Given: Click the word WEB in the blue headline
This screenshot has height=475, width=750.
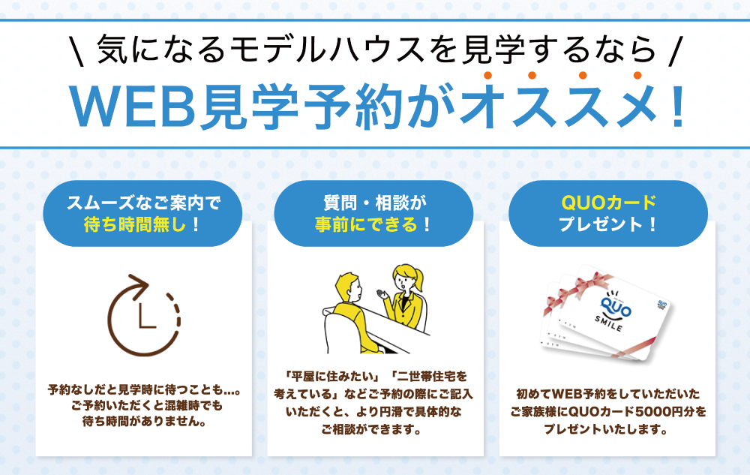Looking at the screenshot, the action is (x=133, y=107).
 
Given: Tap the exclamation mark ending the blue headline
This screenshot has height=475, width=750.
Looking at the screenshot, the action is (x=677, y=107).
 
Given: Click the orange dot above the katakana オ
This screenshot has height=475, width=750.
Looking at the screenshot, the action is (x=488, y=75).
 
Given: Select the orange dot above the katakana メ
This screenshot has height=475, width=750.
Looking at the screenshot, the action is (x=637, y=75).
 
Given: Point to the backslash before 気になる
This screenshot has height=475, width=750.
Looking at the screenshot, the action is (x=78, y=51).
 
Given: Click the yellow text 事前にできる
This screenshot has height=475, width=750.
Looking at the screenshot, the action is (x=366, y=224).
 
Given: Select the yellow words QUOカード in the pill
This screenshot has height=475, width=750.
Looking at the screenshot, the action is (x=608, y=203).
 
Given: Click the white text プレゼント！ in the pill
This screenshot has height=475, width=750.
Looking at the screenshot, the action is (x=608, y=224).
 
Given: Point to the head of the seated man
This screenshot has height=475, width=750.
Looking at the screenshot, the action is (x=349, y=286).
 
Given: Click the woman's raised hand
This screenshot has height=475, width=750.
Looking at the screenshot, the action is (x=383, y=293).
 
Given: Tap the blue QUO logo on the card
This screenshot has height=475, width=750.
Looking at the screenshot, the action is (x=616, y=307).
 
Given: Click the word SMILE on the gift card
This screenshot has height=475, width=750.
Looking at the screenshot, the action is (x=609, y=324).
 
